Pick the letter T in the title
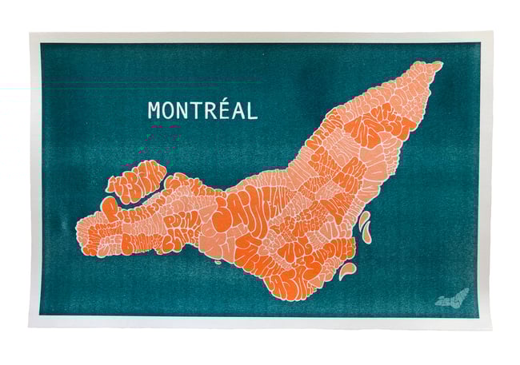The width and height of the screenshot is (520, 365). coord(197,110)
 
